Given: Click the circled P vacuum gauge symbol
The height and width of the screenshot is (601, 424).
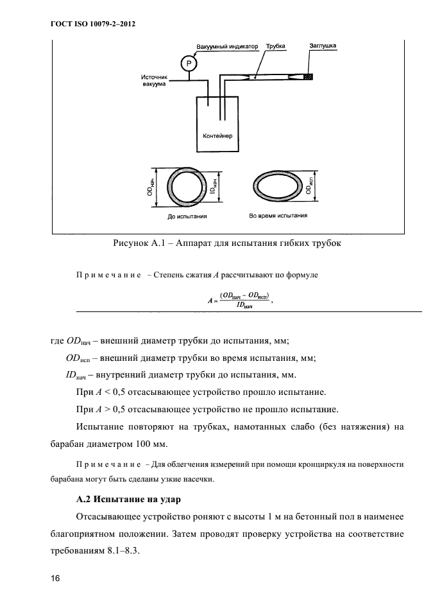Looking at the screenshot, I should [x=188, y=63].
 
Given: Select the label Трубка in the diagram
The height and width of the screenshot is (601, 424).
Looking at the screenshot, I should [x=276, y=46].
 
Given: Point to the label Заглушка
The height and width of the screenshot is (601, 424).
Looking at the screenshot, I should [x=322, y=46].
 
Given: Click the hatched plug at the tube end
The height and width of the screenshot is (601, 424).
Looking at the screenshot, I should [x=309, y=77].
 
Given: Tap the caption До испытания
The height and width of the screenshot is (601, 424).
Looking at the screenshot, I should [x=187, y=216].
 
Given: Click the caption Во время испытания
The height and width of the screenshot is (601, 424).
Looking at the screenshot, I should [x=278, y=216].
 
